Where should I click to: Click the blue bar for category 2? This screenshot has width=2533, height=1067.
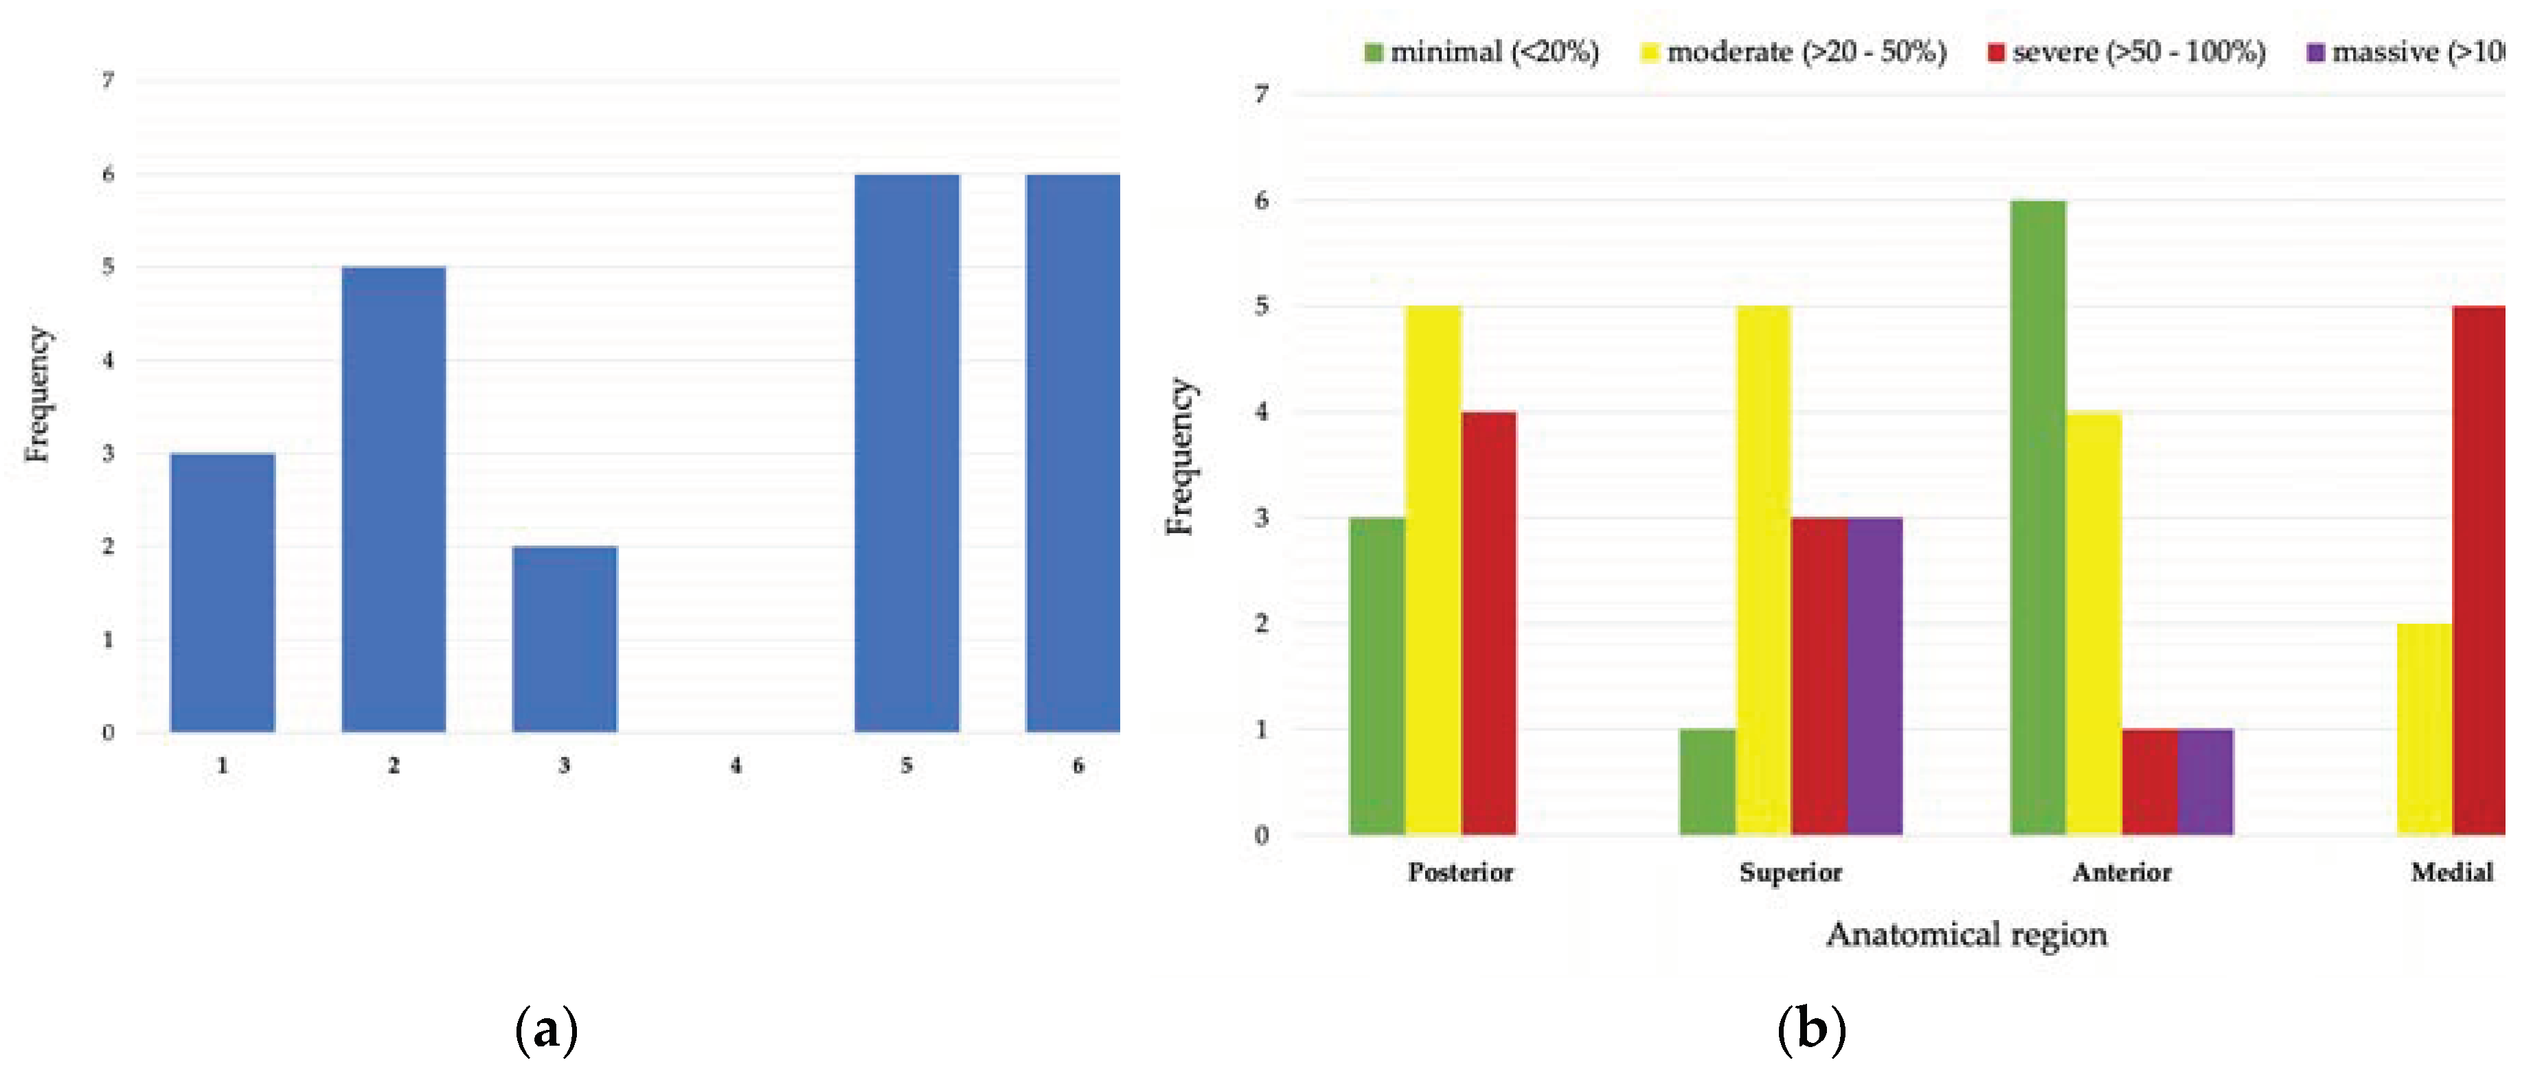(x=394, y=499)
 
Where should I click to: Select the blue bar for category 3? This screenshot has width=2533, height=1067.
(x=565, y=639)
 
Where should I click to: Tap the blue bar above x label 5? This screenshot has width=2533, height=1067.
(x=907, y=452)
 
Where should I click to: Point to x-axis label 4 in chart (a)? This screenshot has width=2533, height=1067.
(x=736, y=765)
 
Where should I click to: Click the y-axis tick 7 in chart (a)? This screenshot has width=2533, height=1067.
(x=108, y=80)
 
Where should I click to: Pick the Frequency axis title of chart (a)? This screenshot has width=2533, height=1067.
(x=37, y=394)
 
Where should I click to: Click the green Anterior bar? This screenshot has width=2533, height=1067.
(x=2038, y=517)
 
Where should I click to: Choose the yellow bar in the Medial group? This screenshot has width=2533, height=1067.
(x=2424, y=729)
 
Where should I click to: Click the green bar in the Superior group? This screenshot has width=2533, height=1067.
(x=1707, y=782)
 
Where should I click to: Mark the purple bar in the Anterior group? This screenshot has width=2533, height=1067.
(x=2205, y=782)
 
